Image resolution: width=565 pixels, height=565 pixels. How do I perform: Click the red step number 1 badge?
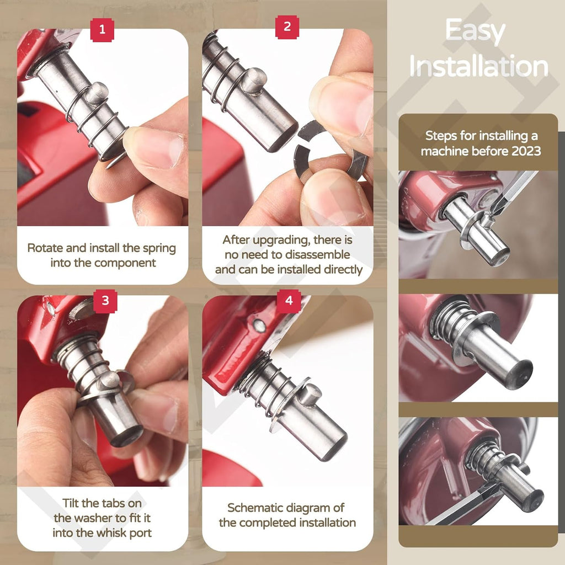(x=102, y=29)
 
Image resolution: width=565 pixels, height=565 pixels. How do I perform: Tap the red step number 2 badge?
(x=287, y=26)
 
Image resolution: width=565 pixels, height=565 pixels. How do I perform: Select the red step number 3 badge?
(x=105, y=301)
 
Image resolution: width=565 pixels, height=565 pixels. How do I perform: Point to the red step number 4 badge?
(x=289, y=301)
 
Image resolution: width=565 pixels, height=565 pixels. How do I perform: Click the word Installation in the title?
(x=478, y=67)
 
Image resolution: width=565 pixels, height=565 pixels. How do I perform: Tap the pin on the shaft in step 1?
(x=97, y=93)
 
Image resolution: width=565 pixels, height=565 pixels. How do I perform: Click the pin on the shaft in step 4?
(x=310, y=395)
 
